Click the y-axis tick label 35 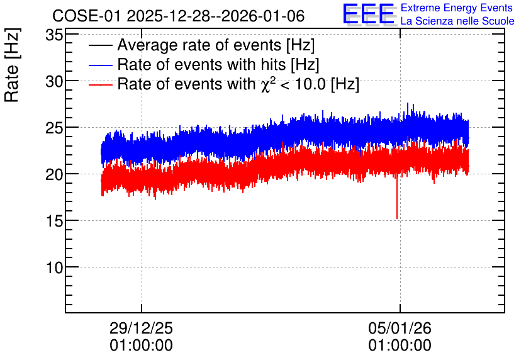pos(54,35)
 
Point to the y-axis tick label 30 pos(54,81)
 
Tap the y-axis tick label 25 pos(54,128)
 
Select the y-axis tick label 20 pos(54,174)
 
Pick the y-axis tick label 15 pos(54,221)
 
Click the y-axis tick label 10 pos(54,267)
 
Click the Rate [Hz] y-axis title pos(12,65)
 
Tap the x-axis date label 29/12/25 pos(141,328)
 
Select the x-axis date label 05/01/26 pos(400,328)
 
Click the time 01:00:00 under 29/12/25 pos(141,346)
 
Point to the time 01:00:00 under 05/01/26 pos(400,346)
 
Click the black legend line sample pos(100,45)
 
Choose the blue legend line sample pos(100,65)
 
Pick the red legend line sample pos(100,84)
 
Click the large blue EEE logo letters pos(369,14)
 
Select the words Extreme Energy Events pos(457,8)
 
